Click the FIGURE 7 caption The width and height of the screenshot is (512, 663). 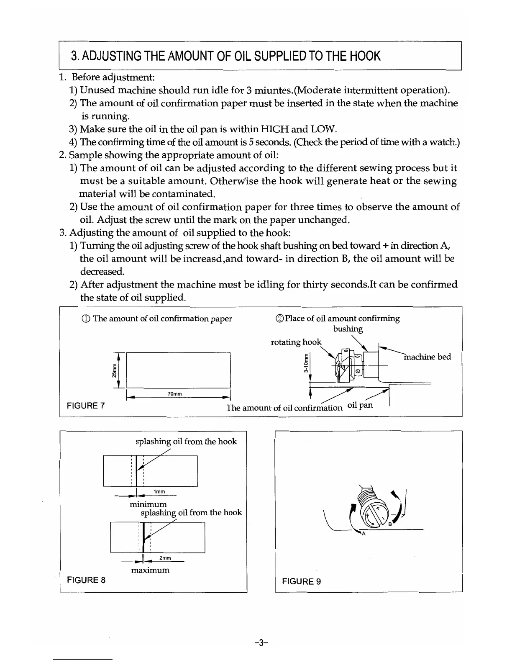tap(86, 406)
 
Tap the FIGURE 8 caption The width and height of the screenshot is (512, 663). tap(86, 580)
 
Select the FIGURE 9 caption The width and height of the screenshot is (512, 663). tap(302, 581)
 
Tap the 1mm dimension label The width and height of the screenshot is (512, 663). tap(159, 491)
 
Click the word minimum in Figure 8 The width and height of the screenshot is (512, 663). tap(148, 504)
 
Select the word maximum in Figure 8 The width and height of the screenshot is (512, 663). tap(150, 570)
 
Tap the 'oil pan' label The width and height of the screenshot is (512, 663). tap(360, 405)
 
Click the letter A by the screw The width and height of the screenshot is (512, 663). tap(364, 534)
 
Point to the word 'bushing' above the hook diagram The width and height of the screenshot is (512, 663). tap(348, 329)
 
